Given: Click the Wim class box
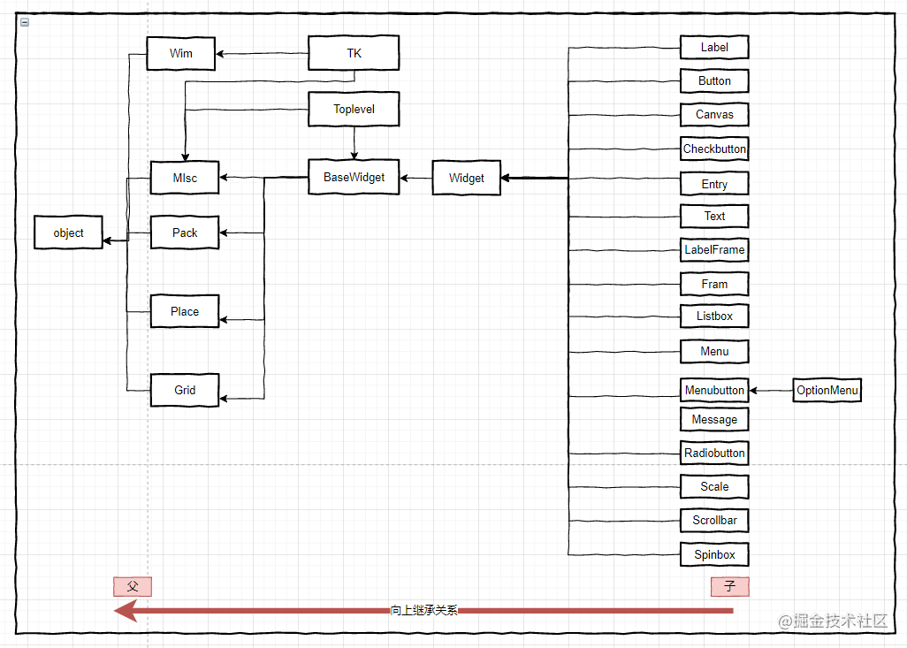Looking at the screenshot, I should coord(181,54).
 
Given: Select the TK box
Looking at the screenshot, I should coord(354,54).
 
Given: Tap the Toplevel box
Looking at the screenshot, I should coord(354,110).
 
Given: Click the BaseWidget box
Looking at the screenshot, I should coord(354,177).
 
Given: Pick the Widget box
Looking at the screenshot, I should coord(466,178).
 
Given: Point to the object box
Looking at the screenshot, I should coord(68,233).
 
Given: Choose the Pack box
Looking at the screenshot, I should coord(185,233).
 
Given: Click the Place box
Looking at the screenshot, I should coord(185,311).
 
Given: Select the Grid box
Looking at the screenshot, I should coord(185,390).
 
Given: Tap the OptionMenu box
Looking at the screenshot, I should coord(827,390).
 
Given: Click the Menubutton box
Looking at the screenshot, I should coord(714,390).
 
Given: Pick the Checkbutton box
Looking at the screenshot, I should coord(714,149).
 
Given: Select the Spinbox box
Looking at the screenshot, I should coord(714,554).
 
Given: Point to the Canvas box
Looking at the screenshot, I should coord(714,115).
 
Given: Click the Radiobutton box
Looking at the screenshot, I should coord(714,453).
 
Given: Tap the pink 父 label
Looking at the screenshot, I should coord(133,586).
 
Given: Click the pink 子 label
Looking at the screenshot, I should coord(729,586).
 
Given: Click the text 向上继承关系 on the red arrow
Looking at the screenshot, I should coord(424,610).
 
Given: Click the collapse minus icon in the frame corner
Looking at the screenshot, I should coord(25,22).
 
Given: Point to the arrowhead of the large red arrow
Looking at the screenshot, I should coord(125,610).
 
